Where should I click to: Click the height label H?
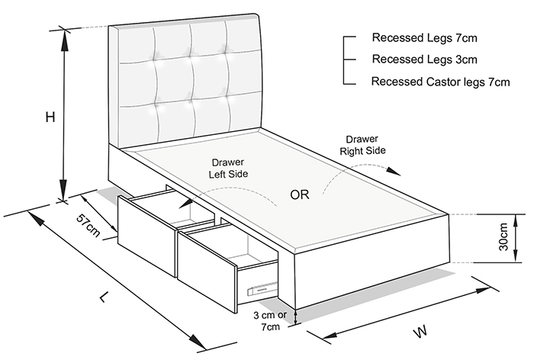pos(50,117)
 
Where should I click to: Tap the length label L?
pos(105,297)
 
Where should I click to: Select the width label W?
pos(421,331)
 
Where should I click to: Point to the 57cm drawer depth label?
pos(88,225)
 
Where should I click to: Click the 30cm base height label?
pos(503,236)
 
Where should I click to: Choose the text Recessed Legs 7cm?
pos(424,37)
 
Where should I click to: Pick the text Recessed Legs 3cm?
pos(424,59)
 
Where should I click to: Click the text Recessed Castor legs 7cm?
pos(440,82)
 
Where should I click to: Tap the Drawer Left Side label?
pos(228,169)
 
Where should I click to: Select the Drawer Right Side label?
pos(362,145)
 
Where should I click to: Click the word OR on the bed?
pos(300,194)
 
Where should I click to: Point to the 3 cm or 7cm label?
pos(270,321)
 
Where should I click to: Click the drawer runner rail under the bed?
pos(262,289)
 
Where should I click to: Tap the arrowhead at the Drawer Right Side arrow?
pos(394,172)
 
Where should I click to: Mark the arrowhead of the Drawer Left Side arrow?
pos(185,204)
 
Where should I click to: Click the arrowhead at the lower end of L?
pos(197,341)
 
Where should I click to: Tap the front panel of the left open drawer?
pos(147,236)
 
